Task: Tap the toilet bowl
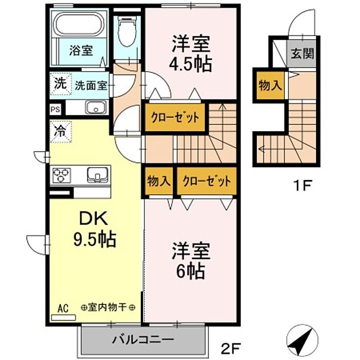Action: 127,31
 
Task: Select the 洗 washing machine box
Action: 61,84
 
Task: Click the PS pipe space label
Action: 56,109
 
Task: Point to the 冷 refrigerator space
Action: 61,131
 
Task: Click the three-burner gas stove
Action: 62,175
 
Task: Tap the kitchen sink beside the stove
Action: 97,175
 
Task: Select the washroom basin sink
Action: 96,107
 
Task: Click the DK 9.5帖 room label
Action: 94,228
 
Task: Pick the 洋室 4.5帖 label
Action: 190,53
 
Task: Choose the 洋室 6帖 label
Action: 191,261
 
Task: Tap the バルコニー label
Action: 143,339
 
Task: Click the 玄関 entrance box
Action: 302,53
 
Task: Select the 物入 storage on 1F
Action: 270,85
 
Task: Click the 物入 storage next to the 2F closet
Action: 158,181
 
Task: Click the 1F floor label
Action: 302,186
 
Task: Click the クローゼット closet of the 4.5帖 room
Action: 175,118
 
